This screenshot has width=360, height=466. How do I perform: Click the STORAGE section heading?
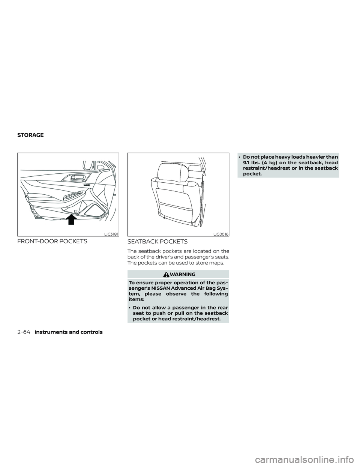click(30, 135)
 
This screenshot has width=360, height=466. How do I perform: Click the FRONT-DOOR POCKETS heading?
click(52, 241)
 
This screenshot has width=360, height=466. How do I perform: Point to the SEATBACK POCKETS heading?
click(157, 242)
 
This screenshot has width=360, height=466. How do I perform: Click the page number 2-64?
click(24, 332)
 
